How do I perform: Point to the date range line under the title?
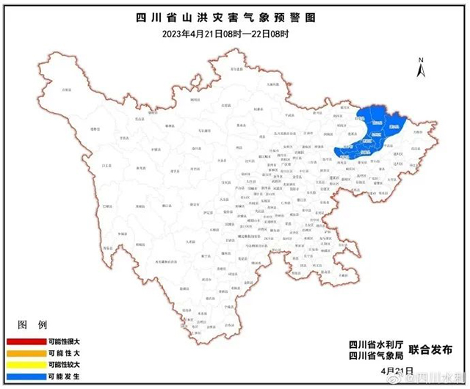234,33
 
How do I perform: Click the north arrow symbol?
419,68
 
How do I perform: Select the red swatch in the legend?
30,342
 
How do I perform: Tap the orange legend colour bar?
30,353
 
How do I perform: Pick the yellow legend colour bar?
30,364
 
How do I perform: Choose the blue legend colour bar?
30,376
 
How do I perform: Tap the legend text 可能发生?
83,376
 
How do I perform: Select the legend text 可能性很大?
83,342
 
